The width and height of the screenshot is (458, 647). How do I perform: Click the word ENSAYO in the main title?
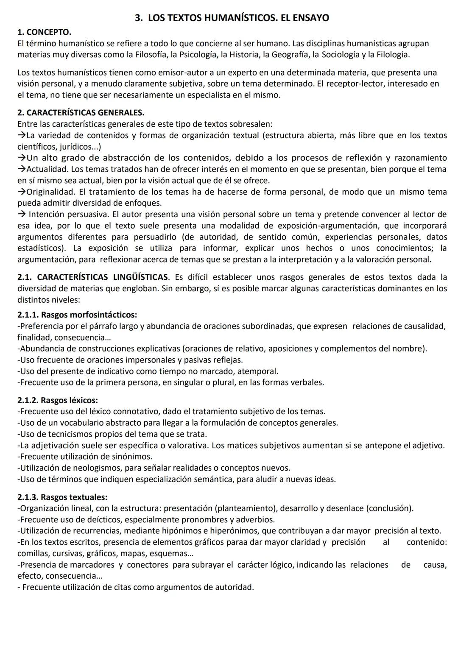(x=308, y=18)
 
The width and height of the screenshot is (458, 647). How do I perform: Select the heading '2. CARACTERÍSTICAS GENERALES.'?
(x=81, y=113)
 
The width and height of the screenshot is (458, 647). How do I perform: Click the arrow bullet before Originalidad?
(x=22, y=192)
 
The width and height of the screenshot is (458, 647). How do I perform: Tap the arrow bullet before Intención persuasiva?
(x=22, y=214)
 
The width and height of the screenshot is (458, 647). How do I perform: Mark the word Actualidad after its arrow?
(x=45, y=169)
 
